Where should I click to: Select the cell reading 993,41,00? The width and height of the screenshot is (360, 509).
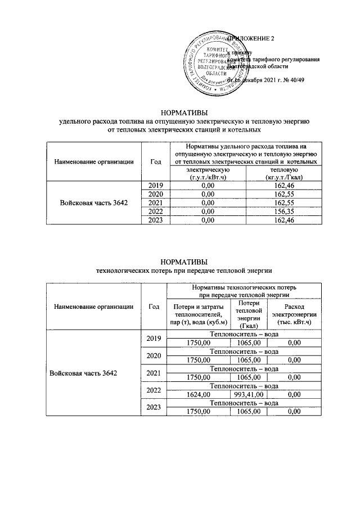tap(248, 395)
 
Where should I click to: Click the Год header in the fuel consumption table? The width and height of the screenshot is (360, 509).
tap(156, 161)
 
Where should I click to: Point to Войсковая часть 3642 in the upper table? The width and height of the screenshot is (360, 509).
tap(94, 202)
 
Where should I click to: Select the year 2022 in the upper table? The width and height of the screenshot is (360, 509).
tap(156, 210)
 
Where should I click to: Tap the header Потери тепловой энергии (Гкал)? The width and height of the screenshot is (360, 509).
tap(248, 314)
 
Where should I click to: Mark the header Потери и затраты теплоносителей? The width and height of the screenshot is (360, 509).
tap(197, 314)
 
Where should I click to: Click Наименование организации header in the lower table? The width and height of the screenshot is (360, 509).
tap(94, 307)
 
